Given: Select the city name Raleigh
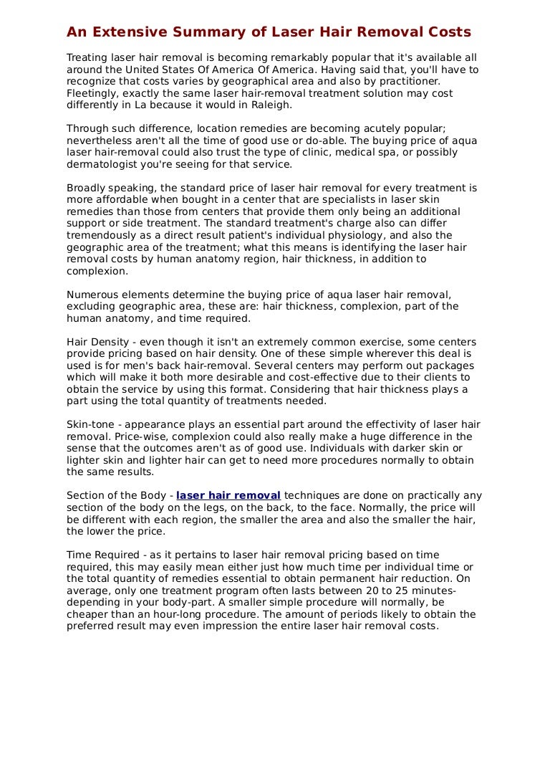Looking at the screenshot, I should (269, 105).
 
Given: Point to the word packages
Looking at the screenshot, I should (450, 365).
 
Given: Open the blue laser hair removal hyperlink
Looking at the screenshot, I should (228, 495).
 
